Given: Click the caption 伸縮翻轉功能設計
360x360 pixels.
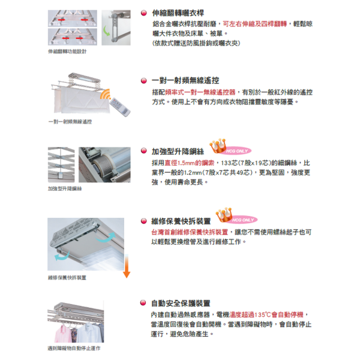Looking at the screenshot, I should click(x=67, y=52).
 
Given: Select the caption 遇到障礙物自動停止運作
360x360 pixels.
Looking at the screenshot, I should click(x=73, y=348).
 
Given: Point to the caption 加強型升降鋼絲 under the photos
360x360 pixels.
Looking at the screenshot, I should click(x=64, y=188).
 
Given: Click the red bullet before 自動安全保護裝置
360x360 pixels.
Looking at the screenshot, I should click(x=143, y=302).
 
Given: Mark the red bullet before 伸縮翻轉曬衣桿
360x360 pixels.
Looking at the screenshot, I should click(x=143, y=12).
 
